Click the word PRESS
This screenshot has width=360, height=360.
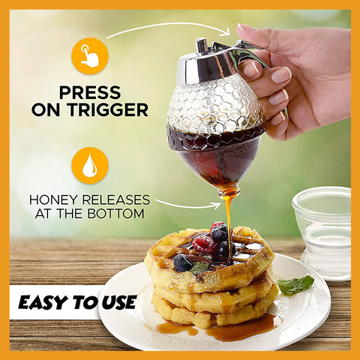90,92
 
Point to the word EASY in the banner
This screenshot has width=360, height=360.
44,302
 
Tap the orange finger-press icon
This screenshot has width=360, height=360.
90,56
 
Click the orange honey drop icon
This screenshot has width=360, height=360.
90,166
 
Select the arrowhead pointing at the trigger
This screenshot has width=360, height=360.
226,31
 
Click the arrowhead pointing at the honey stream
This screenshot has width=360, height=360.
217,205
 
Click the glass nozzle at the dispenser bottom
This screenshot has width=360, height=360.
228,192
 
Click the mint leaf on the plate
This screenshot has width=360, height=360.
295,285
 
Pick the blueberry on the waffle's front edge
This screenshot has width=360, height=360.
183,262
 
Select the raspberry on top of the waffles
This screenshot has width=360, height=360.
204,244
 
